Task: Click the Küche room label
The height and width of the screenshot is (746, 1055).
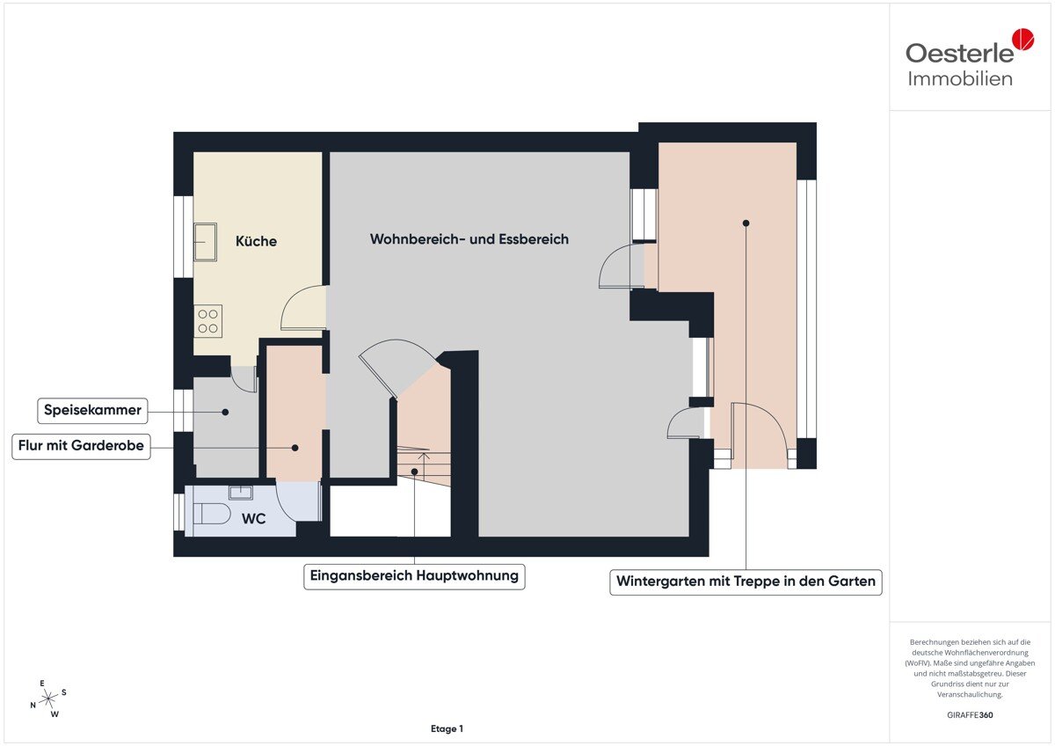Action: (256, 241)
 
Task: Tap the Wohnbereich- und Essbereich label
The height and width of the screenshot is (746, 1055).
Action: (469, 239)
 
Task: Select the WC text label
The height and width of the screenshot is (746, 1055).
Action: (253, 519)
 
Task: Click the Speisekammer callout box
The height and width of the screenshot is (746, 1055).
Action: (92, 411)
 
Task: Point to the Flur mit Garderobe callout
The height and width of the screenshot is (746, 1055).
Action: (81, 446)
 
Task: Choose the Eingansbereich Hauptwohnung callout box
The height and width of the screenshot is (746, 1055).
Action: (414, 576)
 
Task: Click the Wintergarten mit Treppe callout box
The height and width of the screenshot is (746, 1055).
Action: (746, 582)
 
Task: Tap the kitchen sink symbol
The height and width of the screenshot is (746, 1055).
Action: (206, 242)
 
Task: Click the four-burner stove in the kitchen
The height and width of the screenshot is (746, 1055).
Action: (207, 321)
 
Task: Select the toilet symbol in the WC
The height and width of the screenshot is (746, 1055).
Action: (212, 514)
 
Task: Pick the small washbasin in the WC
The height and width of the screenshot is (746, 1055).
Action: (241, 493)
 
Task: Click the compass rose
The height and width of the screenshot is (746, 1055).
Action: (48, 698)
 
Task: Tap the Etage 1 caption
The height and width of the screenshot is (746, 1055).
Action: (447, 728)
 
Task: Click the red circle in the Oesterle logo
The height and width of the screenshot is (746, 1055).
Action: (1023, 39)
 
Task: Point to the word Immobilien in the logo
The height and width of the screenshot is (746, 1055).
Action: (960, 78)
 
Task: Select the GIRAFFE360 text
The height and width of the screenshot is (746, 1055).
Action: (970, 715)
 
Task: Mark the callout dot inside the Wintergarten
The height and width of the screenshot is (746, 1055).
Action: (746, 223)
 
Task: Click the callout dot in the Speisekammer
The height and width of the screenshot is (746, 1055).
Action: (225, 412)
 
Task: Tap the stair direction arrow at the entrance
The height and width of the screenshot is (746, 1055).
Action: (424, 466)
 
